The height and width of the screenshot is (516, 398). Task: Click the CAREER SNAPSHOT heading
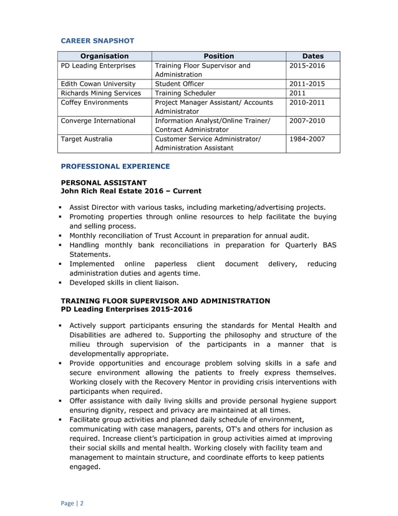(x=97, y=41)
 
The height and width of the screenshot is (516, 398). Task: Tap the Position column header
(x=218, y=56)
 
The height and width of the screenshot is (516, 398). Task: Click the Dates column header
(x=313, y=56)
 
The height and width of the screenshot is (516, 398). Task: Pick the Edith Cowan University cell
(x=98, y=84)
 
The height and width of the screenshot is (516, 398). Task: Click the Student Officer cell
(x=179, y=84)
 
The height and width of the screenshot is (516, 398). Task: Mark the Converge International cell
(x=98, y=121)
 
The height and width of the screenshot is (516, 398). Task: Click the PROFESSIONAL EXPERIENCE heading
(x=115, y=167)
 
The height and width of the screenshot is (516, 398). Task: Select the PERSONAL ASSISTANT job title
(x=104, y=182)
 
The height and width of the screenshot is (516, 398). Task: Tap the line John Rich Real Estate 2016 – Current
(x=130, y=191)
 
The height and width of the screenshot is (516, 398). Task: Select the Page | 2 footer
(x=72, y=503)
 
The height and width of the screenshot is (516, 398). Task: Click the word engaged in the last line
(x=84, y=466)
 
